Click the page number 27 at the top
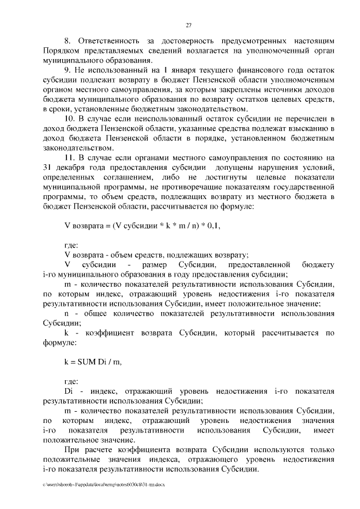189,25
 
